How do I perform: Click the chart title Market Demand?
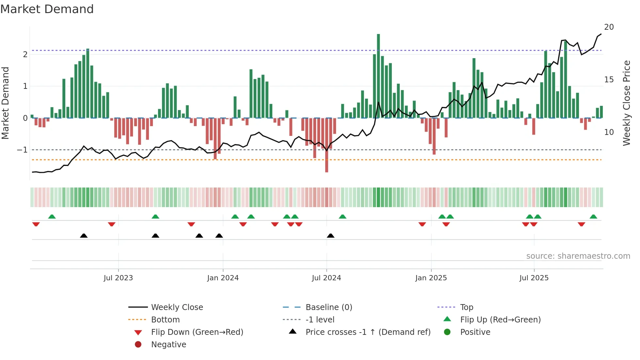[x=47, y=9]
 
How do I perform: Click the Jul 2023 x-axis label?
[x=118, y=278]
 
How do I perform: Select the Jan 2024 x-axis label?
[x=223, y=278]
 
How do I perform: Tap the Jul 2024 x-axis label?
[x=326, y=278]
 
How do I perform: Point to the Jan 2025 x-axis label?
[x=431, y=278]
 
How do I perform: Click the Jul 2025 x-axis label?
[x=534, y=278]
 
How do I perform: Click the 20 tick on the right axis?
[x=609, y=27]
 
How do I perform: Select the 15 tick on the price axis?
[x=609, y=80]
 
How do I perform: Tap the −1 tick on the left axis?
[x=23, y=150]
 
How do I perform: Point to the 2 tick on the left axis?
[x=25, y=55]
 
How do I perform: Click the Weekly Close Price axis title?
[x=626, y=103]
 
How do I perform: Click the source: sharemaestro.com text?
[x=578, y=256]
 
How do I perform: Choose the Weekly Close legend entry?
[x=177, y=307]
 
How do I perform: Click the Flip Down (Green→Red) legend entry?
[x=197, y=332]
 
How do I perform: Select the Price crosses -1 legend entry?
[x=368, y=332]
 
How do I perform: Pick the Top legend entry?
[x=467, y=307]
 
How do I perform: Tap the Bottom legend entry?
[x=165, y=320]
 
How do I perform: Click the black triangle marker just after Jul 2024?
[x=330, y=236]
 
